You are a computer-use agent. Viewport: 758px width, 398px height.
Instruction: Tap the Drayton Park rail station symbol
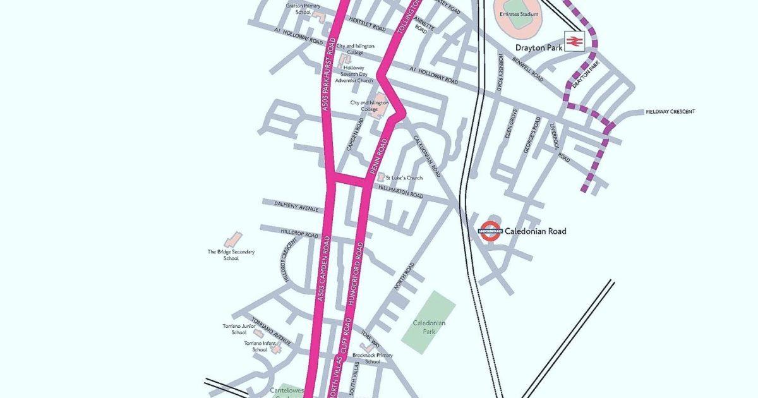click(x=574, y=42)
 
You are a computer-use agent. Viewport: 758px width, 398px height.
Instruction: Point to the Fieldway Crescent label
click(x=670, y=112)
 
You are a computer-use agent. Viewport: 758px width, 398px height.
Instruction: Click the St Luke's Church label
click(x=404, y=178)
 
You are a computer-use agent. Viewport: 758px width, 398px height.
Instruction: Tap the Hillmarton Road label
click(x=401, y=192)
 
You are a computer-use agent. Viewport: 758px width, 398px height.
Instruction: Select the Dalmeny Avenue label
click(x=297, y=205)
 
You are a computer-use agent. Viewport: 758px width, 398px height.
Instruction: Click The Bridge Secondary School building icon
click(x=233, y=239)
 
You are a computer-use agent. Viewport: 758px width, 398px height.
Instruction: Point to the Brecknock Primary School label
click(x=373, y=358)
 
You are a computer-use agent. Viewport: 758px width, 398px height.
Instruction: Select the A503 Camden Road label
click(x=323, y=268)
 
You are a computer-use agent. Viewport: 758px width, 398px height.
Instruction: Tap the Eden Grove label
click(x=511, y=124)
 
